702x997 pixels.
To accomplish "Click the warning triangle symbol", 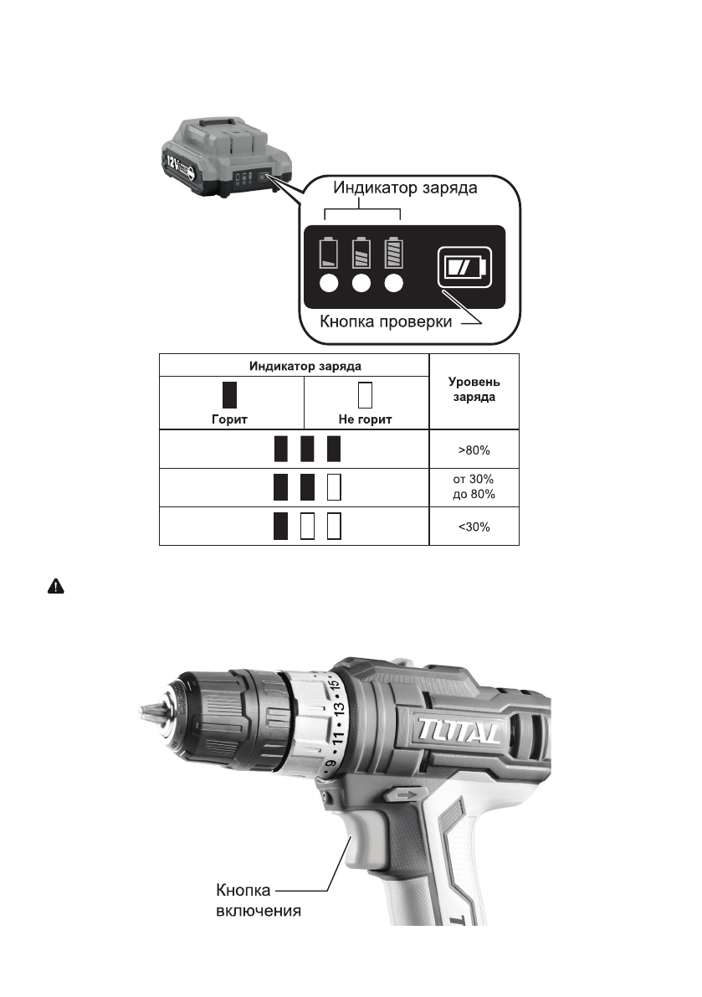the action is pyautogui.click(x=56, y=586).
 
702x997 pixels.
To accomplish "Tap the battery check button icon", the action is pyautogui.click(x=464, y=267).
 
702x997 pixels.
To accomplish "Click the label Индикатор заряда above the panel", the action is pyautogui.click(x=405, y=188).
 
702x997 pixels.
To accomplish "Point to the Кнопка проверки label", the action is pyautogui.click(x=386, y=321).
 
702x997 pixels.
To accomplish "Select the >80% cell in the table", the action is pyautogui.click(x=474, y=450).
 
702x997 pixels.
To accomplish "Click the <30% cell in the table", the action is pyautogui.click(x=474, y=527).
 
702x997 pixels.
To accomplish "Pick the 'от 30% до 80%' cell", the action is pyautogui.click(x=474, y=486).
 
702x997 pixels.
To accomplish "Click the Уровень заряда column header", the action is pyautogui.click(x=474, y=389).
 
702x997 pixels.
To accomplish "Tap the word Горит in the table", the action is pyautogui.click(x=229, y=419).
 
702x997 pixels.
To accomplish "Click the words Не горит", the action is pyautogui.click(x=366, y=419).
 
